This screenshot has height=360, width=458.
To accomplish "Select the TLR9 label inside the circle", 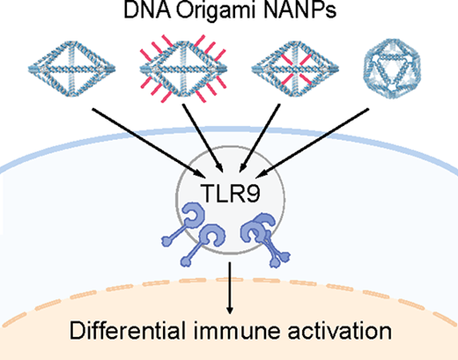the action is click(230, 194).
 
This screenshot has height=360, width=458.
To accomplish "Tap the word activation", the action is click(340, 331).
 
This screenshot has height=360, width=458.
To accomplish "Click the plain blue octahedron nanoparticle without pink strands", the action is click(72, 69).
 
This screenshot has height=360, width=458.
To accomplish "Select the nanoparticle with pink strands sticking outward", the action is click(183, 69).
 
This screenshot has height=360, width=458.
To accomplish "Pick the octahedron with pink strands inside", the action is click(295, 69).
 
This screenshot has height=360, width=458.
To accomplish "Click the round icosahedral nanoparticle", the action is click(392, 69).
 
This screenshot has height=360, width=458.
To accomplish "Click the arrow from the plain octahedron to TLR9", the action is click(149, 143).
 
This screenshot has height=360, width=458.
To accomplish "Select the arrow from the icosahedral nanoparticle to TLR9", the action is click(312, 143).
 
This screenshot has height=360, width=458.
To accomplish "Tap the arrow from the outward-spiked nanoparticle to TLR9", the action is click(203, 138).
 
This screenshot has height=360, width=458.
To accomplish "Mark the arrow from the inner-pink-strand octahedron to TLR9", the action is click(260, 138).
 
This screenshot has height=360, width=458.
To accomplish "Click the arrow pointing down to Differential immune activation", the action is click(230, 288).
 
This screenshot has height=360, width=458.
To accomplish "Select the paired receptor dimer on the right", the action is click(265, 239).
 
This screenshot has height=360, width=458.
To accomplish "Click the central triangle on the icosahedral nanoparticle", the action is click(392, 71).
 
